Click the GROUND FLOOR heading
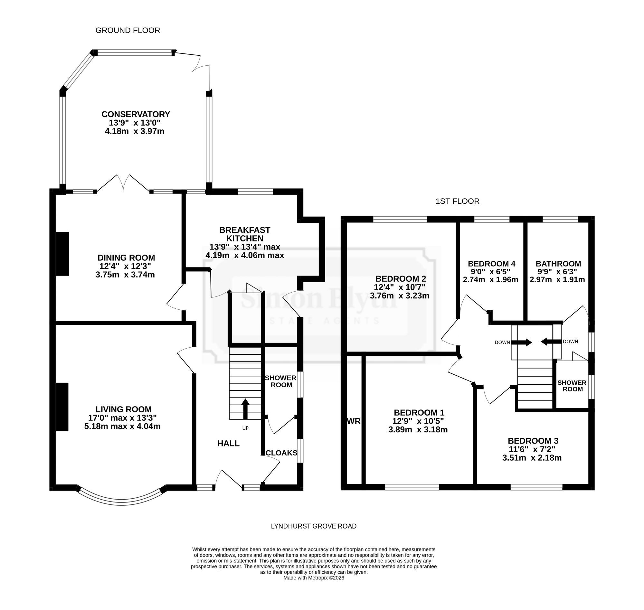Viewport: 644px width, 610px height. (x=128, y=31)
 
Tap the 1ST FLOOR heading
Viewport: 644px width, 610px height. (x=457, y=201)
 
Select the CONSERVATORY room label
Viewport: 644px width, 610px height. (x=136, y=115)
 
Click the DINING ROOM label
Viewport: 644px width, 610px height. (x=126, y=258)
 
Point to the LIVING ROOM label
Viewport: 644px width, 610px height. (x=124, y=409)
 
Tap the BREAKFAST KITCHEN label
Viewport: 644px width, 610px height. (x=245, y=234)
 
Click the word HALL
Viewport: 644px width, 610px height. (x=228, y=444)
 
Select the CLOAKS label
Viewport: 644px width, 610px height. (x=281, y=453)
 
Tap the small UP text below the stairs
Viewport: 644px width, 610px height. (x=245, y=428)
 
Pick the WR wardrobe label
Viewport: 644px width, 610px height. (x=354, y=421)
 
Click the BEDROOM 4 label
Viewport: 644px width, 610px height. (x=491, y=264)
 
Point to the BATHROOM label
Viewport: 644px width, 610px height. (x=558, y=264)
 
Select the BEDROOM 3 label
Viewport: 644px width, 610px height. (x=533, y=441)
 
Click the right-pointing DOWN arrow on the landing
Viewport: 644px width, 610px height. (x=521, y=343)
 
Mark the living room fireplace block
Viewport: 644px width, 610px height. (x=62, y=407)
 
